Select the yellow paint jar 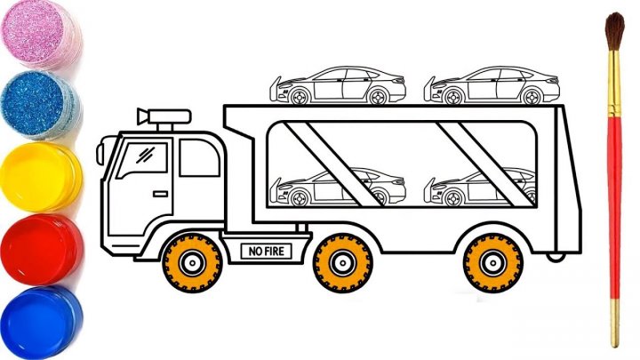(39, 178)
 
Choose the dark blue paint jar (39, 320)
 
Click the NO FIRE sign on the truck (265, 252)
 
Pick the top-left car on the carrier (339, 86)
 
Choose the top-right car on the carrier (489, 86)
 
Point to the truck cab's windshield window (134, 162)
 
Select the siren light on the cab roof (164, 117)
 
